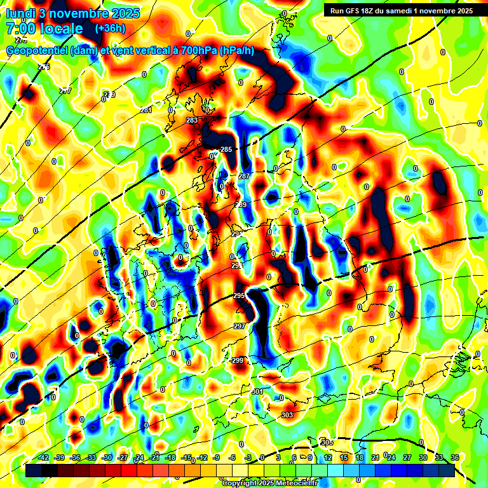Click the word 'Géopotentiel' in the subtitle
click(39, 50)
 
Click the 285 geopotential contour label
click(226, 149)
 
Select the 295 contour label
click(239, 296)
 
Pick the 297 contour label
click(240, 326)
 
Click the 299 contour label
click(237, 360)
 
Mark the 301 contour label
click(257, 391)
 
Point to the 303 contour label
click(287, 415)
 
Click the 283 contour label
click(192, 120)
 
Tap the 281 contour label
click(146, 110)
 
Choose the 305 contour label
click(327, 442)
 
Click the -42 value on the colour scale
click(44, 457)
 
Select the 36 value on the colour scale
click(455, 457)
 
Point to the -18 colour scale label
click(170, 457)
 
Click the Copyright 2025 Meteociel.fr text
click(270, 483)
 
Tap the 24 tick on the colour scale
click(391, 457)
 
